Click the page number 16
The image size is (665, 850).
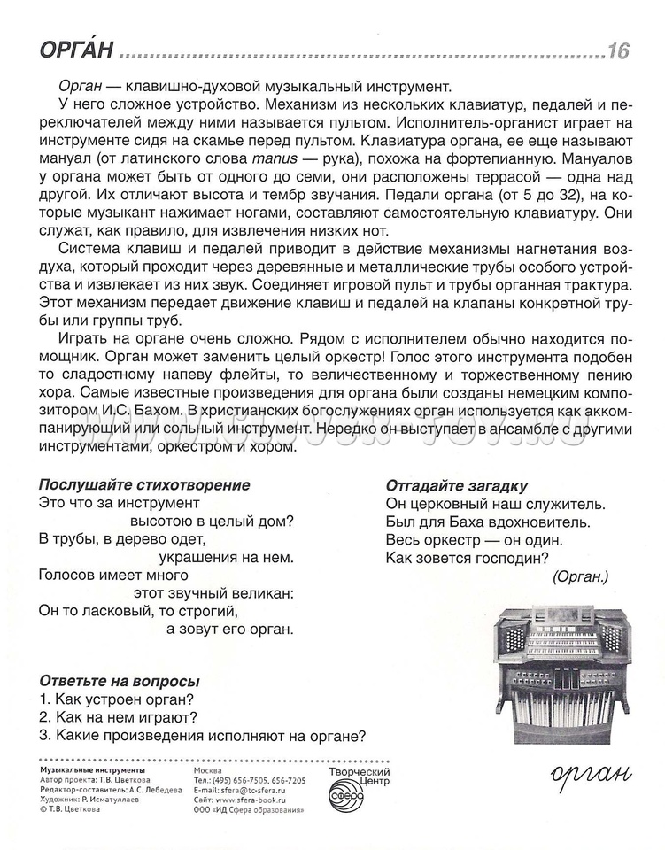click(618, 51)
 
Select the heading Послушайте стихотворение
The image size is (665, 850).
click(145, 485)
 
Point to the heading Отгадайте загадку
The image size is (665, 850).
click(457, 485)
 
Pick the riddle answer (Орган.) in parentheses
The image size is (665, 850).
click(579, 576)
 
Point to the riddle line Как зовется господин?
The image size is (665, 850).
click(468, 558)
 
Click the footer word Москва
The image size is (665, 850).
click(208, 770)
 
